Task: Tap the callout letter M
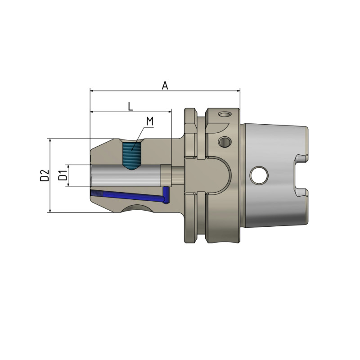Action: click(x=150, y=121)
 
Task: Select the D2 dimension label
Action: click(x=44, y=175)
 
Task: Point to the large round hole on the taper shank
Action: click(x=259, y=175)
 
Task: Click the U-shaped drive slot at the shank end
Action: click(x=301, y=175)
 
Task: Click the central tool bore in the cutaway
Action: click(x=126, y=175)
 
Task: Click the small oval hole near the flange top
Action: click(x=224, y=115)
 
